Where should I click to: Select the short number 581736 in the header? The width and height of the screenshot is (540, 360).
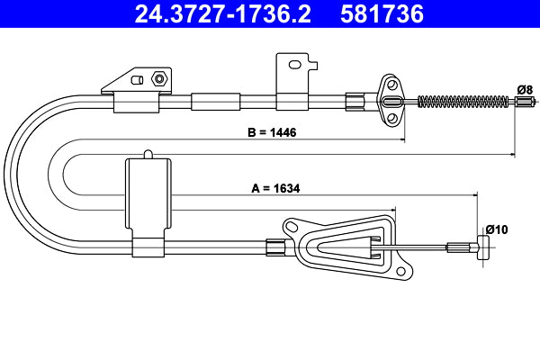pyautogui.click(x=380, y=13)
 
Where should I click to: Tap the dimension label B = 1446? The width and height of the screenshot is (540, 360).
pyautogui.click(x=272, y=131)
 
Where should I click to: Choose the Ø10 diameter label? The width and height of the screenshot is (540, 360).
pyautogui.click(x=496, y=229)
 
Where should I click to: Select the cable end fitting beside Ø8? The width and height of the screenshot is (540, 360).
pyautogui.click(x=524, y=101)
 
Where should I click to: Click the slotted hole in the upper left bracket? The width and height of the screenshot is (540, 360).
pyautogui.click(x=139, y=80)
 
